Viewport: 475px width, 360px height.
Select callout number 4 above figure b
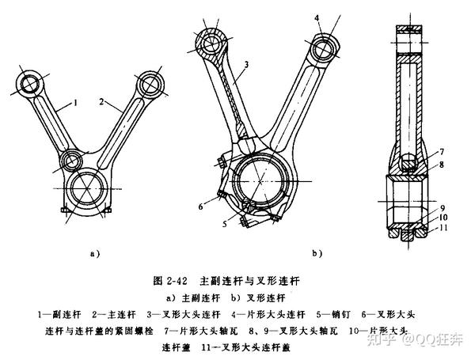click(315, 17)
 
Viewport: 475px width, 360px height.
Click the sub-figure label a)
click(94, 255)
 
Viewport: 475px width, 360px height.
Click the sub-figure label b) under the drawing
click(315, 255)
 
